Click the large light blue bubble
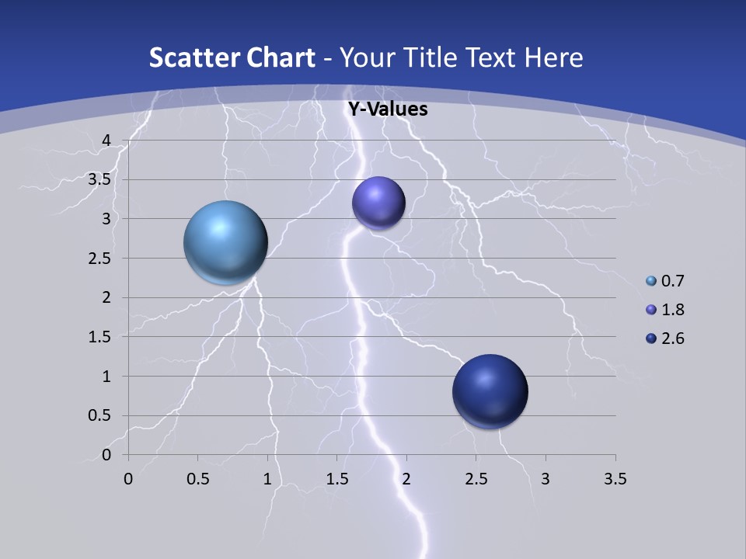(x=225, y=242)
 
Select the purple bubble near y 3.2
(x=378, y=203)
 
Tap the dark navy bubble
(x=490, y=391)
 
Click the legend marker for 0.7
(x=651, y=281)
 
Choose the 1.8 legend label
(x=672, y=310)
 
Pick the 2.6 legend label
(x=672, y=339)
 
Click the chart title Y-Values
(x=387, y=109)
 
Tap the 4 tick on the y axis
(x=106, y=141)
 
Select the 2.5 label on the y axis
(x=99, y=259)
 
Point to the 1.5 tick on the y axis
(x=99, y=337)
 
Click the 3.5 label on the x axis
(x=615, y=479)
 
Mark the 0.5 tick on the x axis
(x=197, y=479)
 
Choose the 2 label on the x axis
(x=406, y=479)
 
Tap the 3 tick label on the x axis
(x=546, y=479)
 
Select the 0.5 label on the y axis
(x=99, y=416)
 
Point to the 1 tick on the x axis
(x=267, y=479)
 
